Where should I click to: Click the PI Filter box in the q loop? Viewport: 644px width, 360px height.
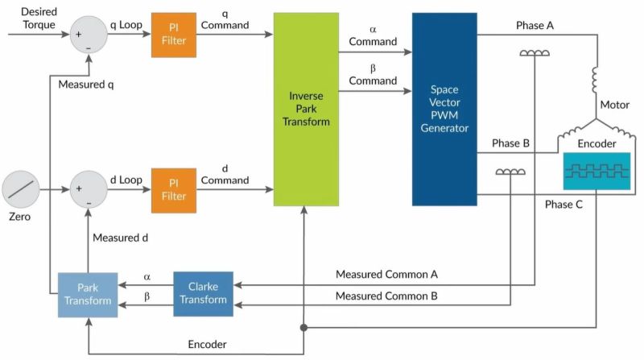point(173,35)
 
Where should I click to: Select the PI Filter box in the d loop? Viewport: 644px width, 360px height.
point(173,190)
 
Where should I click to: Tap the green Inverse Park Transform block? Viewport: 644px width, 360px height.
point(306,109)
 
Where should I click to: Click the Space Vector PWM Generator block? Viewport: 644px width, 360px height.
point(444,109)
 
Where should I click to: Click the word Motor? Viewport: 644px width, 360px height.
point(615,105)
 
